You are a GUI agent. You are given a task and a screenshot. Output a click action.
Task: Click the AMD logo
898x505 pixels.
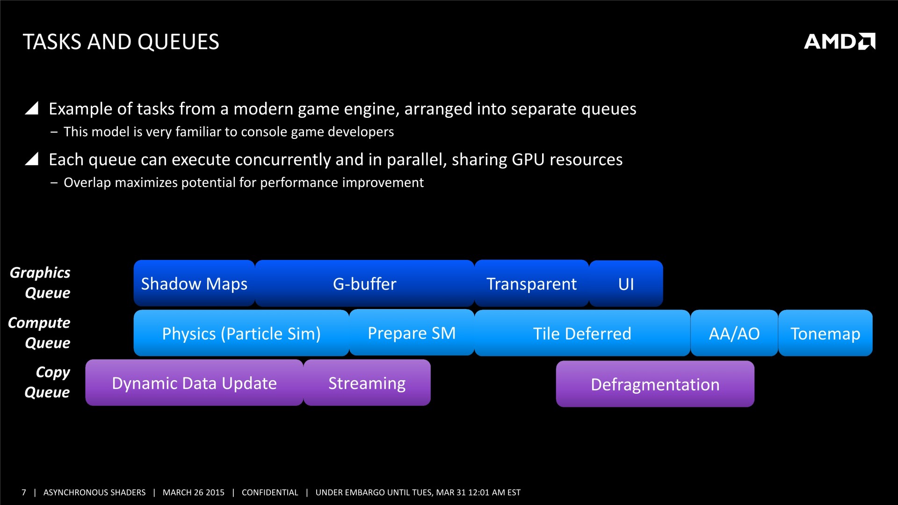click(840, 41)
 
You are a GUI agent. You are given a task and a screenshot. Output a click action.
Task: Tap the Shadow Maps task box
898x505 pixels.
click(194, 283)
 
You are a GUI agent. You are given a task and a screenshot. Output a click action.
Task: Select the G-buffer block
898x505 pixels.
click(365, 283)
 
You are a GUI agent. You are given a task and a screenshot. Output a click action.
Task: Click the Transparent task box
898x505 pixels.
click(532, 283)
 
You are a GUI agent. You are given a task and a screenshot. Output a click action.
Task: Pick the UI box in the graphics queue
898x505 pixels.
click(626, 284)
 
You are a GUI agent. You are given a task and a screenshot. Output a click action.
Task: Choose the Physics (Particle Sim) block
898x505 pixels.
click(241, 333)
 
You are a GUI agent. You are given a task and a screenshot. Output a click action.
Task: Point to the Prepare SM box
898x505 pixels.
click(412, 332)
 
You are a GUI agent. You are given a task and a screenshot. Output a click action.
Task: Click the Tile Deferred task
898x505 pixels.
click(582, 333)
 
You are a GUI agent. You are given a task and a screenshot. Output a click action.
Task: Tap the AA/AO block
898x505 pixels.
click(734, 333)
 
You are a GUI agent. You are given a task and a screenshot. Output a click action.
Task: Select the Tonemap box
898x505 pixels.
click(826, 333)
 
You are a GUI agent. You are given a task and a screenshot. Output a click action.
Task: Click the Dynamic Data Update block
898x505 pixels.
click(194, 382)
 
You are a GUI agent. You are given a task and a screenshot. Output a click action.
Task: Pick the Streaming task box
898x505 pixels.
click(367, 382)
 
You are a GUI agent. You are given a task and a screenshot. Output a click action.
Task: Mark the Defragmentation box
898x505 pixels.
click(655, 384)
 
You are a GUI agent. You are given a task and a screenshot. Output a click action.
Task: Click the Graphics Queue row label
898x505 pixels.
click(40, 282)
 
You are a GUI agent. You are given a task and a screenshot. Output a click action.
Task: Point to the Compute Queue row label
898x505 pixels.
click(39, 332)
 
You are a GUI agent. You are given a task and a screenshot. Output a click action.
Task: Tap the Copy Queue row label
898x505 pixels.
click(47, 382)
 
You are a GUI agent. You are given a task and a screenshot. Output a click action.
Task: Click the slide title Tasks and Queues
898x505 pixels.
click(121, 42)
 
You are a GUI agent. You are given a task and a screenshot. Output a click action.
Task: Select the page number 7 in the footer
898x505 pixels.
click(24, 492)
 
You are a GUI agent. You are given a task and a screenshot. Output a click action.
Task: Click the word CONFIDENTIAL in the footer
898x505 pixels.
click(270, 492)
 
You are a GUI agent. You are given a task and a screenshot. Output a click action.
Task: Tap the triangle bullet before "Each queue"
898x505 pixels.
click(32, 159)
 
